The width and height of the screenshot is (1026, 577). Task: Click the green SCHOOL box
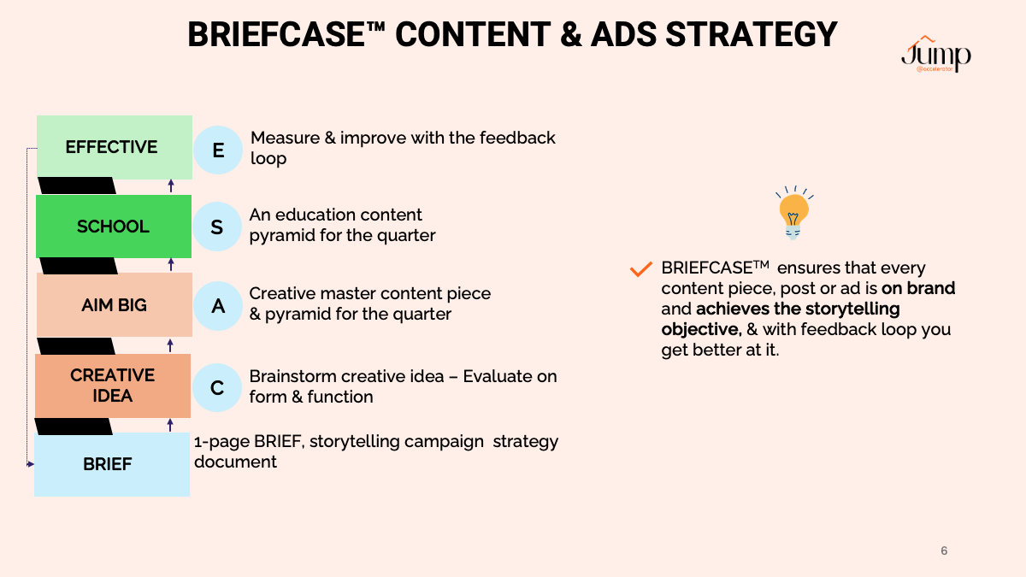(x=114, y=227)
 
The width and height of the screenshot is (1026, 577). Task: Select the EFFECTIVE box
(x=115, y=147)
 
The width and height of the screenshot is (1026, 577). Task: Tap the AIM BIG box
(x=115, y=305)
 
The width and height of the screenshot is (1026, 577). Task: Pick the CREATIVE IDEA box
(x=113, y=386)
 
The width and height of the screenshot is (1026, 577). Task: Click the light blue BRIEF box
(x=112, y=464)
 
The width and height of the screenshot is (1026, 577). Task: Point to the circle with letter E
(x=218, y=150)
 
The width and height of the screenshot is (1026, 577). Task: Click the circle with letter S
(x=217, y=227)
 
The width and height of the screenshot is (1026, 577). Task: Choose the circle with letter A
(x=218, y=306)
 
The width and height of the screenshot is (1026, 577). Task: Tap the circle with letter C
(x=217, y=387)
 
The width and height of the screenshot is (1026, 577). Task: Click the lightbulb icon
(x=793, y=213)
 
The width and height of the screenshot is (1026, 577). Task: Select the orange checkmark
(x=640, y=269)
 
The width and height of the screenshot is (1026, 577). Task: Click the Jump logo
(x=936, y=54)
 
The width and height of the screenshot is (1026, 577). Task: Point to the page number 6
(x=944, y=551)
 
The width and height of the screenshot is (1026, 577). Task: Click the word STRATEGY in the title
(x=752, y=34)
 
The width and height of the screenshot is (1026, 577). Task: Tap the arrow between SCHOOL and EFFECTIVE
(x=171, y=185)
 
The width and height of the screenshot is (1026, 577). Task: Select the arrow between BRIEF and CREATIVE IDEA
(x=170, y=425)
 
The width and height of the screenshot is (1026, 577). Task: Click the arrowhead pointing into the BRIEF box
(x=31, y=464)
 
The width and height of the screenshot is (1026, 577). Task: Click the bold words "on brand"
(x=918, y=288)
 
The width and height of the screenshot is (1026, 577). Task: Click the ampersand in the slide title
(x=571, y=34)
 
